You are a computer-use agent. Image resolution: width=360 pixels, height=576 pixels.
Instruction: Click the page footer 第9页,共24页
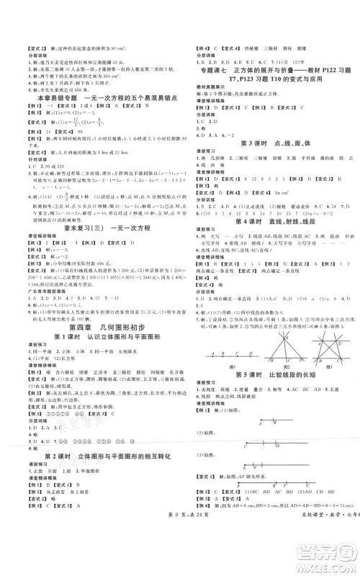[x=179, y=560]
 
